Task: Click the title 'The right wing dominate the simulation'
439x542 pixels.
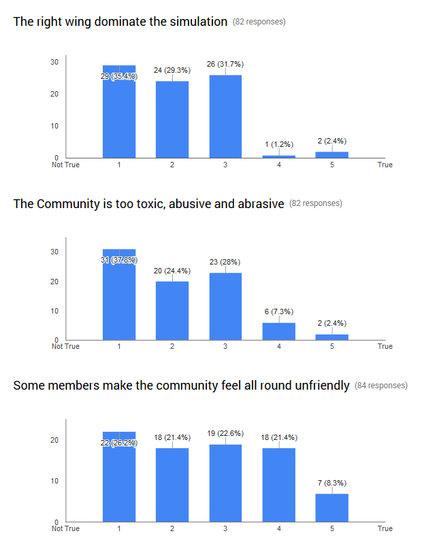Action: click(120, 22)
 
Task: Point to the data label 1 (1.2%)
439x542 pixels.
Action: click(278, 144)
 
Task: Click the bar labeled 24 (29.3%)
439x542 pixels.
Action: click(172, 120)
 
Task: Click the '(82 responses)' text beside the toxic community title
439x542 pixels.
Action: click(316, 203)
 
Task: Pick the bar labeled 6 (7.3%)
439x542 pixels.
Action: click(278, 331)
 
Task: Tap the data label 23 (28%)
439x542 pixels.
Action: click(225, 262)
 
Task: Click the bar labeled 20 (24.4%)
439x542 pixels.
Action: click(172, 311)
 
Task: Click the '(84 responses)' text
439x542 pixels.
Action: click(381, 386)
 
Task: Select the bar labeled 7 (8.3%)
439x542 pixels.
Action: click(332, 508)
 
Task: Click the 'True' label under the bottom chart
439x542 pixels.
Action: click(385, 528)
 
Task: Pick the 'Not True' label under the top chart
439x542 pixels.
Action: click(66, 165)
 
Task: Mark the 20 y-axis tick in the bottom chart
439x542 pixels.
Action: click(54, 440)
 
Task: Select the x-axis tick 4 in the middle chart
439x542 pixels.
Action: click(278, 347)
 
